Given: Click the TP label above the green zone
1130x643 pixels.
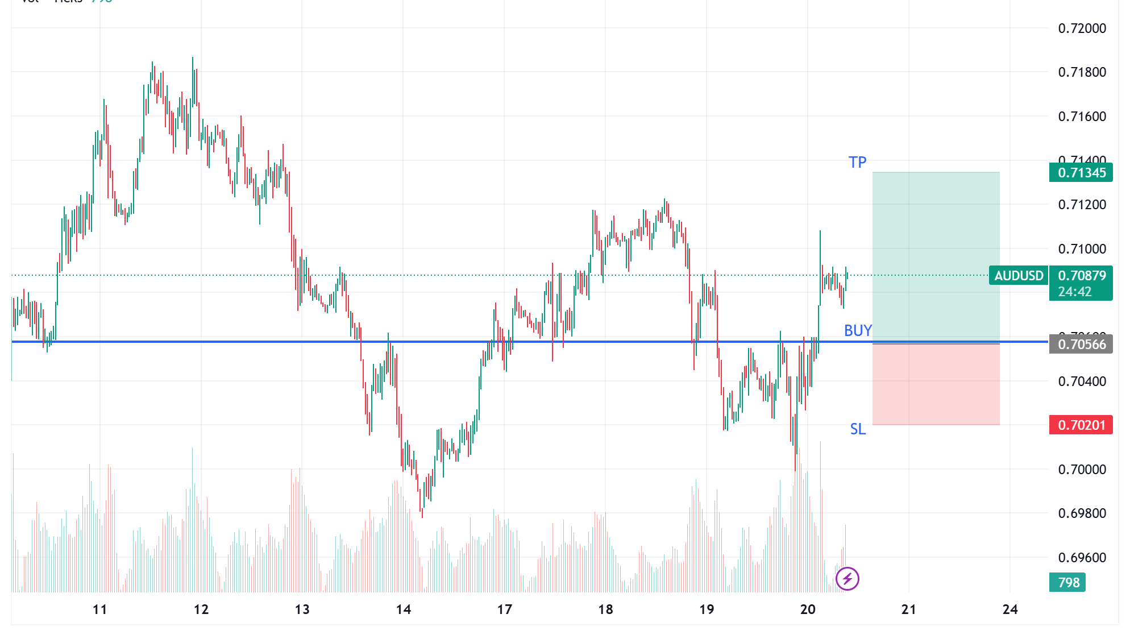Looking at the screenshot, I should point(857,163).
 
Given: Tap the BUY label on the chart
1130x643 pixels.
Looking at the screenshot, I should point(857,330).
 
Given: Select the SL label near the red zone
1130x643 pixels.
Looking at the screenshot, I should point(858,429).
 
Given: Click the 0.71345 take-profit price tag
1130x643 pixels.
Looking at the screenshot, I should point(1081,173).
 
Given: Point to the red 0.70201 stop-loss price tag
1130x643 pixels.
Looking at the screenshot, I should point(1081,425).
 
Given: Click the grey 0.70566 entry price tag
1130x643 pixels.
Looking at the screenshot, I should point(1081,345).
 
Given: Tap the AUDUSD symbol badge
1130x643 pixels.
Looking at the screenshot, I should point(1019,276).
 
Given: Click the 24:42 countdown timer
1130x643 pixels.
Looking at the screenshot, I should point(1075,292).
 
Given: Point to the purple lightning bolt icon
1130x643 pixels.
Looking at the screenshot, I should point(847,579).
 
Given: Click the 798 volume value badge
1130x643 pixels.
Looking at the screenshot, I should point(1068,582).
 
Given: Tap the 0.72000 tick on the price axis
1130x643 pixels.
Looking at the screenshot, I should point(1082,28).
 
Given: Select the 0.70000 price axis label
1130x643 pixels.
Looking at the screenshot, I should point(1082,470).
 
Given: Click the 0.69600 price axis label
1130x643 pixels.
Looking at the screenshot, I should point(1082,558).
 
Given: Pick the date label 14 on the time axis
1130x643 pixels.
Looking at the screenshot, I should point(403,609).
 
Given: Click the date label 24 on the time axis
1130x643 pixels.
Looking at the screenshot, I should point(1010,609).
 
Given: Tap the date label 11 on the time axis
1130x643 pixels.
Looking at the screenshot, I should point(99,609).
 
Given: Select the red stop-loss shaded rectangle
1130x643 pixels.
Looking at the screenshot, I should point(936,384).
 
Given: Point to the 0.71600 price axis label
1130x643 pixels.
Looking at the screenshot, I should point(1082,117).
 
